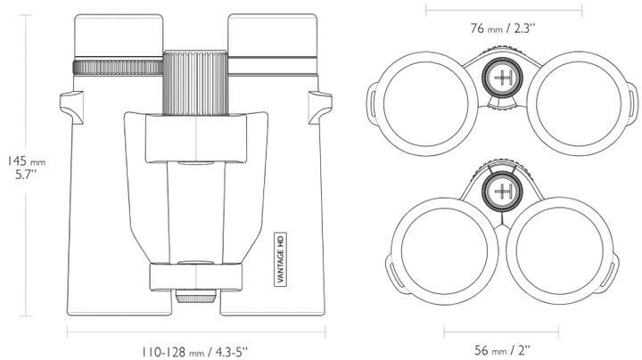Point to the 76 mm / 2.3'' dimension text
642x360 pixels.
click(x=503, y=28)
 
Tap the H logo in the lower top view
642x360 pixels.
click(x=503, y=190)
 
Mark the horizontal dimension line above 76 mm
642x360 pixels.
click(x=503, y=10)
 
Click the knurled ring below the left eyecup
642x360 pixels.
click(x=117, y=68)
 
